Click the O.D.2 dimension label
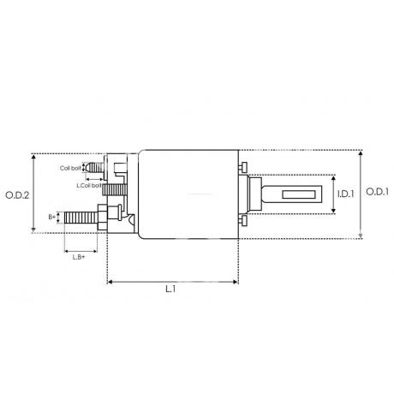17,195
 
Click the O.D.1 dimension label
377,192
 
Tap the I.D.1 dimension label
346,194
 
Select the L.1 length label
170,290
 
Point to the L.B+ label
79,257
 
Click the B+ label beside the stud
52,217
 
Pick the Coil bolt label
70,168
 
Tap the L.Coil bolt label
89,185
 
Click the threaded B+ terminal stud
81,218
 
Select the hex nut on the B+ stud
102,218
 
